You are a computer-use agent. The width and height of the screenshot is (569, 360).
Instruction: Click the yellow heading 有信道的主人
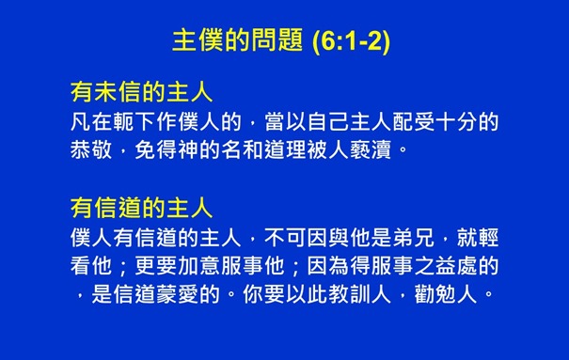[x=141, y=204]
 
